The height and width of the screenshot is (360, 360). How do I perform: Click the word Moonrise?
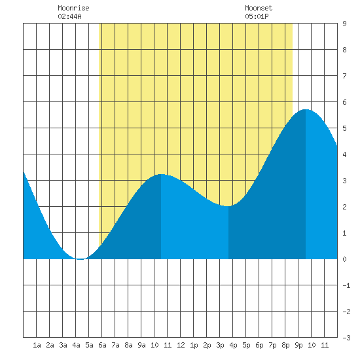73,9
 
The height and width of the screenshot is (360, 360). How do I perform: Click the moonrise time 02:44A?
69,16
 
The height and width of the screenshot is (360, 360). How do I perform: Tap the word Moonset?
259,9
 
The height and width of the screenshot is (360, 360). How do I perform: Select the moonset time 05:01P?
257,16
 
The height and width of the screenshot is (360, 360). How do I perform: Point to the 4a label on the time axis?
76,345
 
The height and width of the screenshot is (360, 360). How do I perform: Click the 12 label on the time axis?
181,345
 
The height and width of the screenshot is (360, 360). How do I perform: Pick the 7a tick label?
115,345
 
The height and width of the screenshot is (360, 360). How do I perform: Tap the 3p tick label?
220,345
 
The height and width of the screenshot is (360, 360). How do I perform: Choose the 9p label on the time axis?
298,345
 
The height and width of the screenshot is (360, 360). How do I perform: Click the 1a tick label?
37,345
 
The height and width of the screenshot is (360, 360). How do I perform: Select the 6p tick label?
259,345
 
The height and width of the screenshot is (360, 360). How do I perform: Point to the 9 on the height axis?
344,24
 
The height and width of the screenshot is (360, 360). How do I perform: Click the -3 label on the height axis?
346,338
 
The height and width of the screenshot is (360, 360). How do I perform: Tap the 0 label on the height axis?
344,259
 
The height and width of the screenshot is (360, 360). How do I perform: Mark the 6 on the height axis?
344,102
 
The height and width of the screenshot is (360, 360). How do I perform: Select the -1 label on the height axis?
346,285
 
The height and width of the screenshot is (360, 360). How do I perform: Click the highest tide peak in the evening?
306,110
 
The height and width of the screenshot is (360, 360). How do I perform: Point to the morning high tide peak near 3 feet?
161,175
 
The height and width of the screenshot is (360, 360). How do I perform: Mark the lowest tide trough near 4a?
79,259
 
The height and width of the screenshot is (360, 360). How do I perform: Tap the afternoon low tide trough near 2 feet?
228,206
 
